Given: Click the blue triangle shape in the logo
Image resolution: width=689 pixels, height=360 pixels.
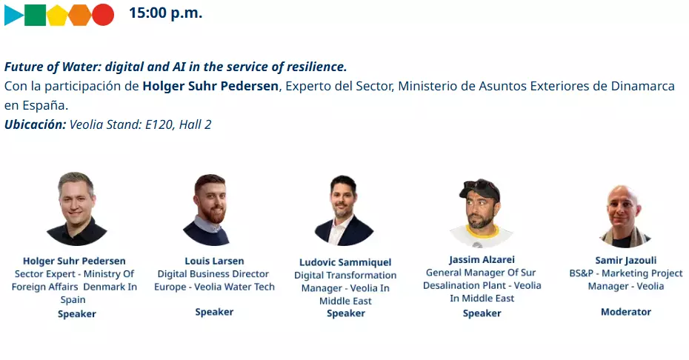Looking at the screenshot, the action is pyautogui.click(x=13, y=15).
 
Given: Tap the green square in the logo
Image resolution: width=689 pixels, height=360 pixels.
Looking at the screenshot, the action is pyautogui.click(x=35, y=15).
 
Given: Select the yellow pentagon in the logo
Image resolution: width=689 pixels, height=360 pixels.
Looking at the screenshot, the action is pyautogui.click(x=58, y=16).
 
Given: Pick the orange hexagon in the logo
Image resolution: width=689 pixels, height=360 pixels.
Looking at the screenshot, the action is pyautogui.click(x=80, y=15).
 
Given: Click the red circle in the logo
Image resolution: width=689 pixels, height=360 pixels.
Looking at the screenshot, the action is pyautogui.click(x=103, y=15).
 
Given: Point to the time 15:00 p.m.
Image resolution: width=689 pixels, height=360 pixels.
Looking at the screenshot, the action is pyautogui.click(x=166, y=13).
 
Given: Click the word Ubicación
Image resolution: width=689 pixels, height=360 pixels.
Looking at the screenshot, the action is pyautogui.click(x=35, y=124).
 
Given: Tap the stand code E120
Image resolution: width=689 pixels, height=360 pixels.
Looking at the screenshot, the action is pyautogui.click(x=159, y=125).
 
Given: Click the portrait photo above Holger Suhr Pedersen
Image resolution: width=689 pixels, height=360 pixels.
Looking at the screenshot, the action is pyautogui.click(x=77, y=208).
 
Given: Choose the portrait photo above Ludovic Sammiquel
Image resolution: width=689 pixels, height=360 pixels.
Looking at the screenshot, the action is pyautogui.click(x=344, y=210).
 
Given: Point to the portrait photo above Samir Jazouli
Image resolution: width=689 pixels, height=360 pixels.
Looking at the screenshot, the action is pyautogui.click(x=625, y=216).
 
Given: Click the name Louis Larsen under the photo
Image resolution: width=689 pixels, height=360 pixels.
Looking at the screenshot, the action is pyautogui.click(x=214, y=261).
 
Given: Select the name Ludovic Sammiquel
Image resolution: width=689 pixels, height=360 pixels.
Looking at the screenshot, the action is pyautogui.click(x=345, y=262).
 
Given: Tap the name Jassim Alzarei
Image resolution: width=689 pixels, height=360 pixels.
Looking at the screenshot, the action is pyautogui.click(x=482, y=260).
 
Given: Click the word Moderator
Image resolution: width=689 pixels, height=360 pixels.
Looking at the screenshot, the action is pyautogui.click(x=626, y=312).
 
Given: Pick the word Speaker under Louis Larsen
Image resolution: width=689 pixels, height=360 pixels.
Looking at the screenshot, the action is pyautogui.click(x=214, y=312).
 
